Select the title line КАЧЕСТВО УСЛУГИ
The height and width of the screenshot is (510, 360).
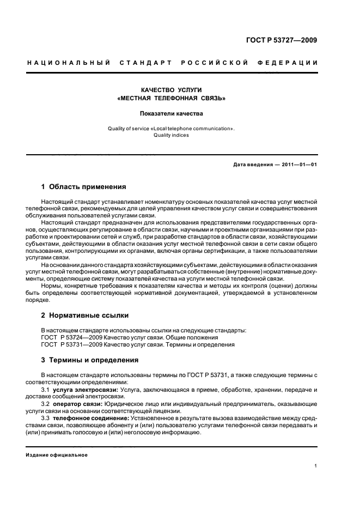click(x=171, y=89)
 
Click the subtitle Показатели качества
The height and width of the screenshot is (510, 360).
click(x=171, y=114)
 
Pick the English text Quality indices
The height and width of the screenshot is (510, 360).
click(x=171, y=135)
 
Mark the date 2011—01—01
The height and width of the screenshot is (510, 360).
click(x=299, y=165)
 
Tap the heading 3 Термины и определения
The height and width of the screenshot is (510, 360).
click(x=90, y=360)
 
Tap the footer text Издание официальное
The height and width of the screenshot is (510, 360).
click(x=57, y=454)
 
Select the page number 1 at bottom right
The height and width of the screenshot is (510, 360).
click(x=316, y=466)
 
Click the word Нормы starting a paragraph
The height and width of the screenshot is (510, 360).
click(x=51, y=286)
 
